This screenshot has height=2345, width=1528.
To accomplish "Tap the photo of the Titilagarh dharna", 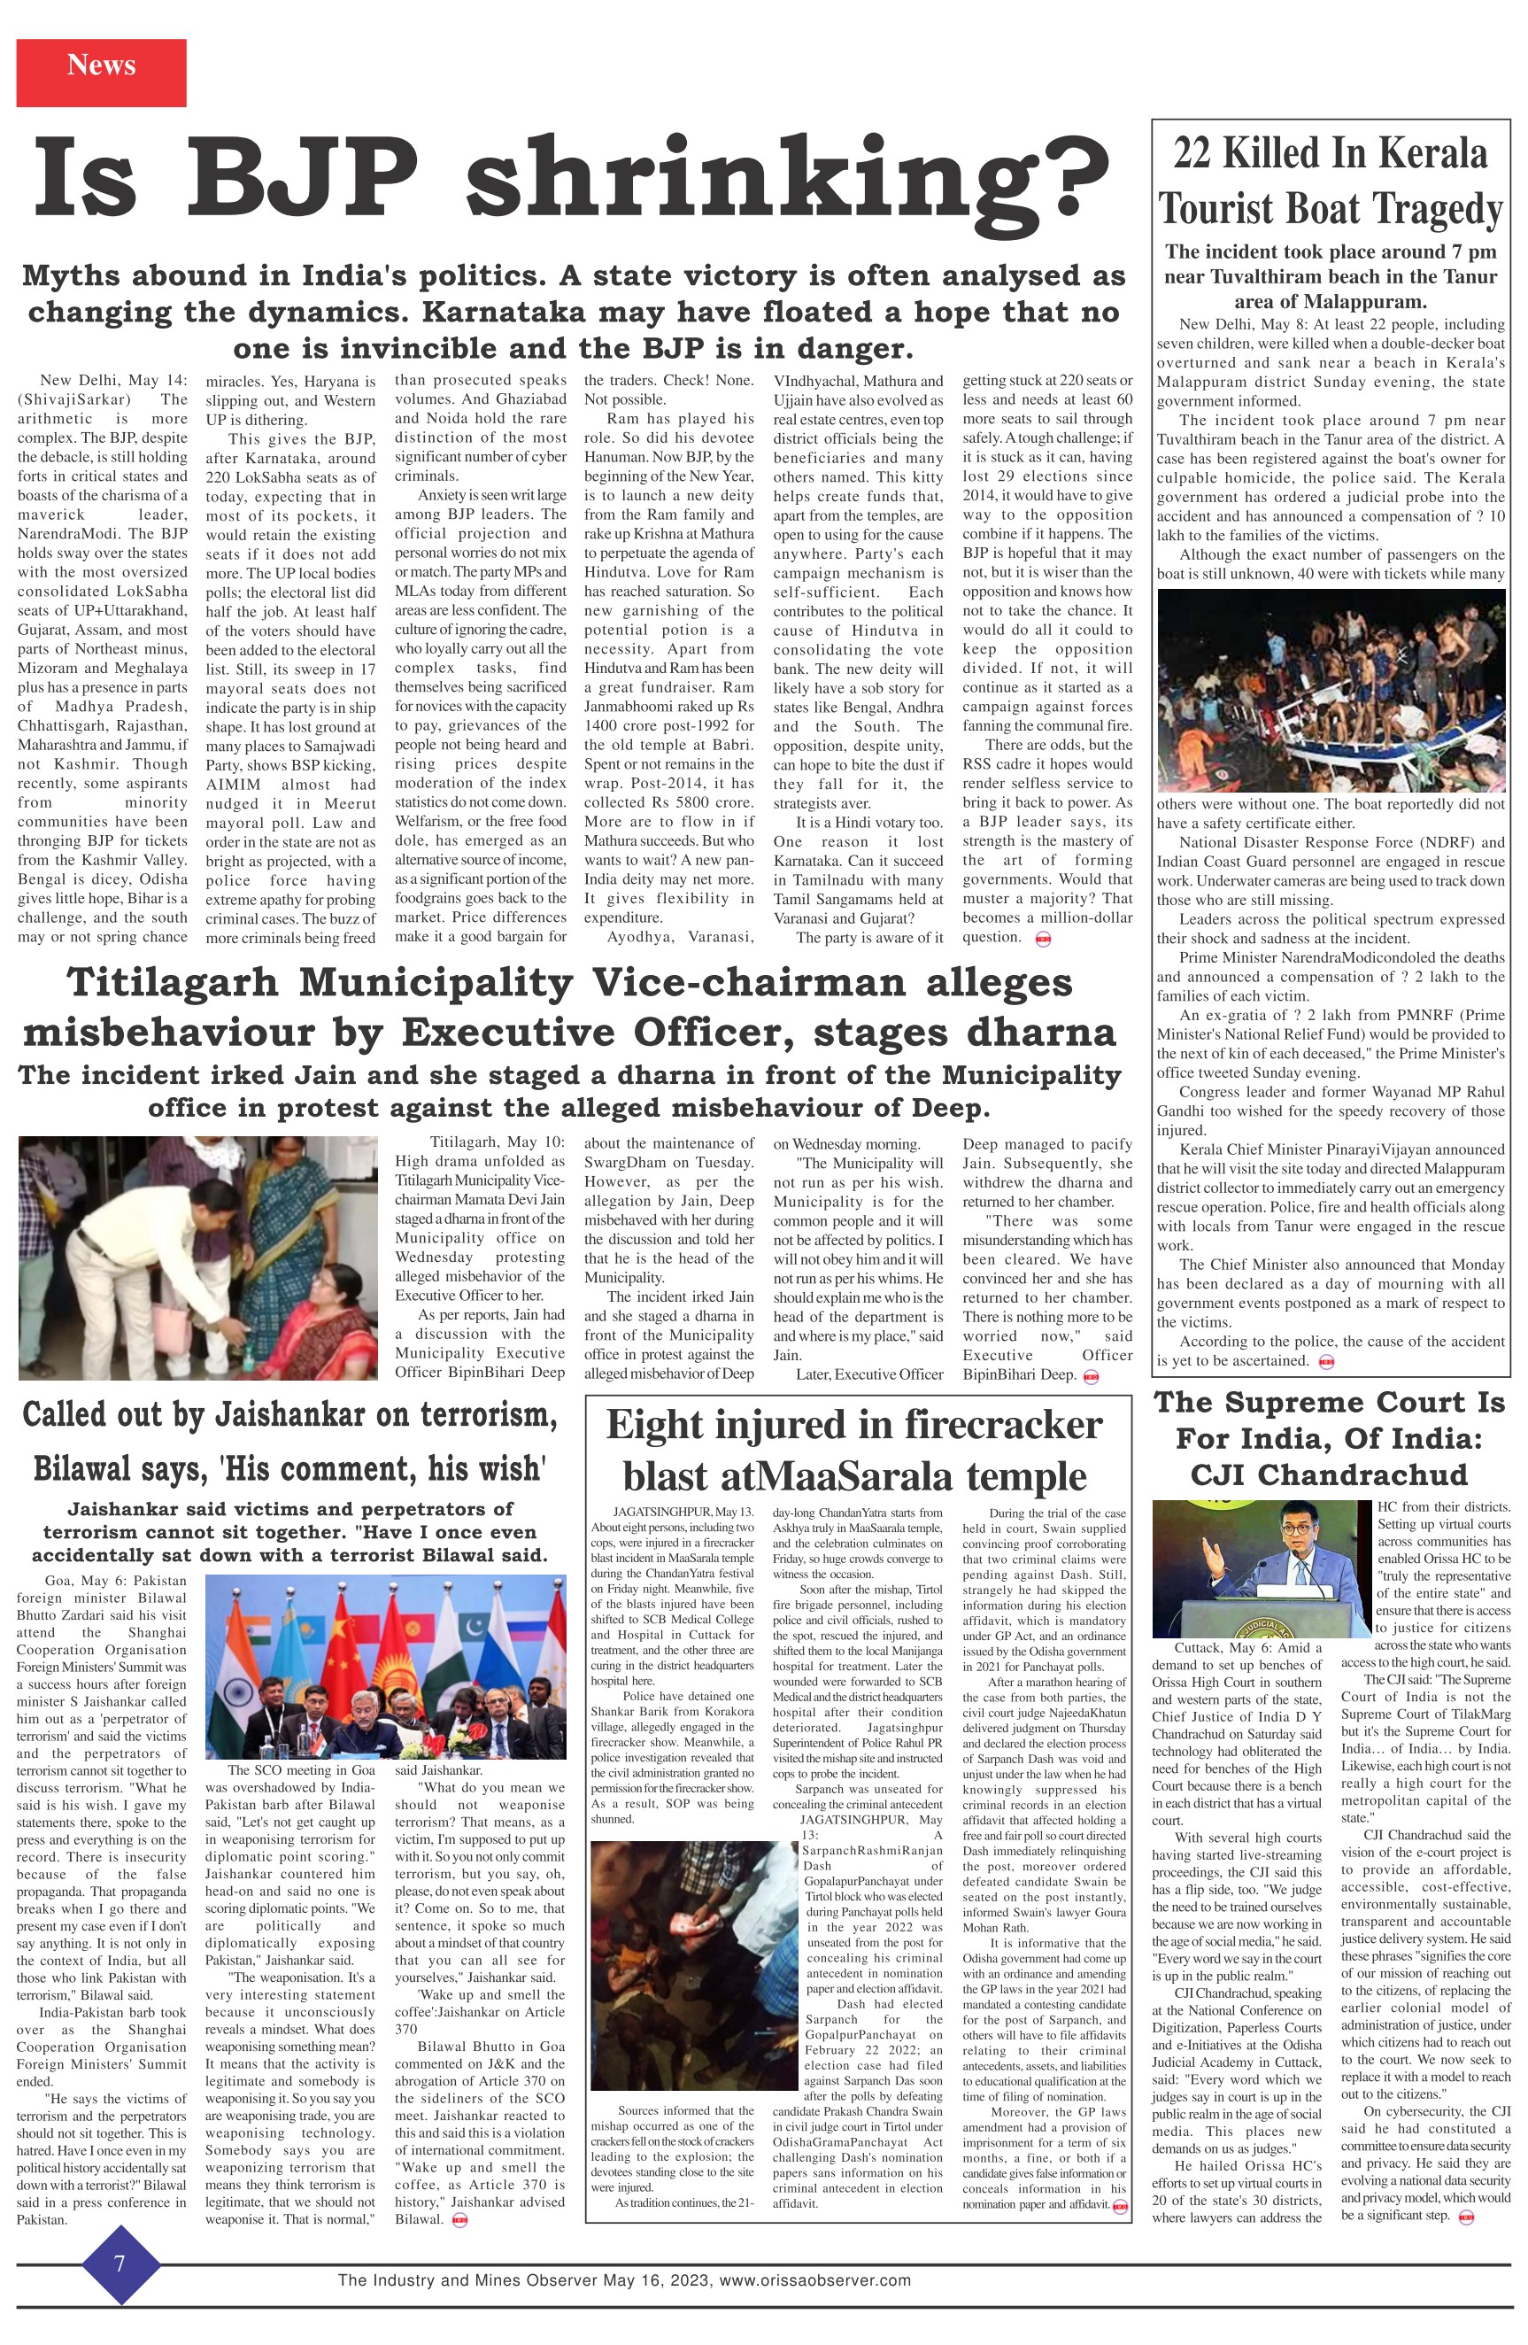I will (197, 1257).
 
